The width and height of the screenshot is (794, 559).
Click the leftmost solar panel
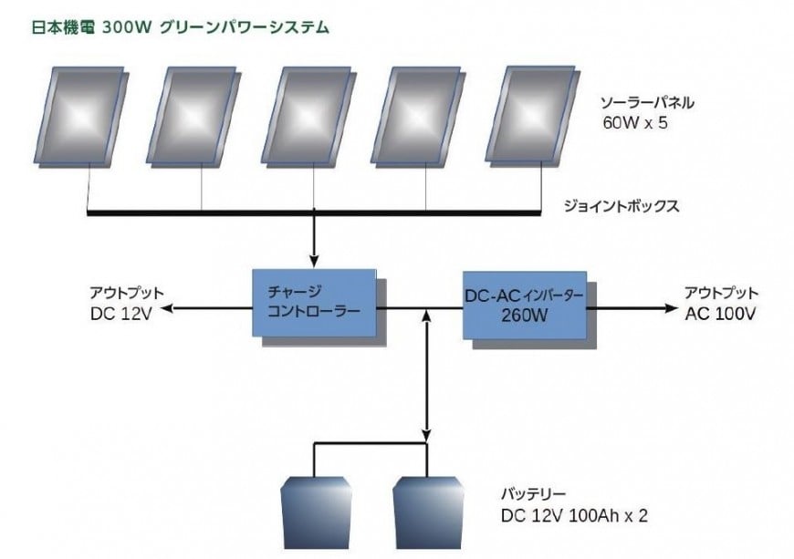pos(80,117)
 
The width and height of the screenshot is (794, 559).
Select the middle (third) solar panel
pos(308,117)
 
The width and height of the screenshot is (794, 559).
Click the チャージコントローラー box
pos(319,307)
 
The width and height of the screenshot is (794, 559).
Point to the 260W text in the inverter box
pos(525,316)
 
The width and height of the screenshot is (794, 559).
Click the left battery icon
pos(317,512)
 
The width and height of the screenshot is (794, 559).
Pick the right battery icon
pos(428,512)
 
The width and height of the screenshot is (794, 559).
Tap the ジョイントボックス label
pos(622,206)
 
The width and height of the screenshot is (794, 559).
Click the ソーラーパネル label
pos(647,103)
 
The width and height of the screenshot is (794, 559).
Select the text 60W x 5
pos(635,123)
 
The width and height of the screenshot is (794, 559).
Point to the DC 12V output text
pos(121,314)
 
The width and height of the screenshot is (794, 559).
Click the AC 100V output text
pos(720,314)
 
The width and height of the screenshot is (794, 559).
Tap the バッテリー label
pos(534,493)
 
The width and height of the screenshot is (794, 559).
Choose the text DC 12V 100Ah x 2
pos(574,515)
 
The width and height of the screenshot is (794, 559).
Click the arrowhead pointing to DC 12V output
pos(167,307)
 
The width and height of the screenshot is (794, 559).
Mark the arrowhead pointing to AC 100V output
pos(672,308)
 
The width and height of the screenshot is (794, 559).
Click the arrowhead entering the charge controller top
pos(315,261)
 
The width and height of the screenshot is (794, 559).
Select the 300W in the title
pos(127,27)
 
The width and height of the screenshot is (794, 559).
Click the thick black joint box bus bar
pos(314,213)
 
